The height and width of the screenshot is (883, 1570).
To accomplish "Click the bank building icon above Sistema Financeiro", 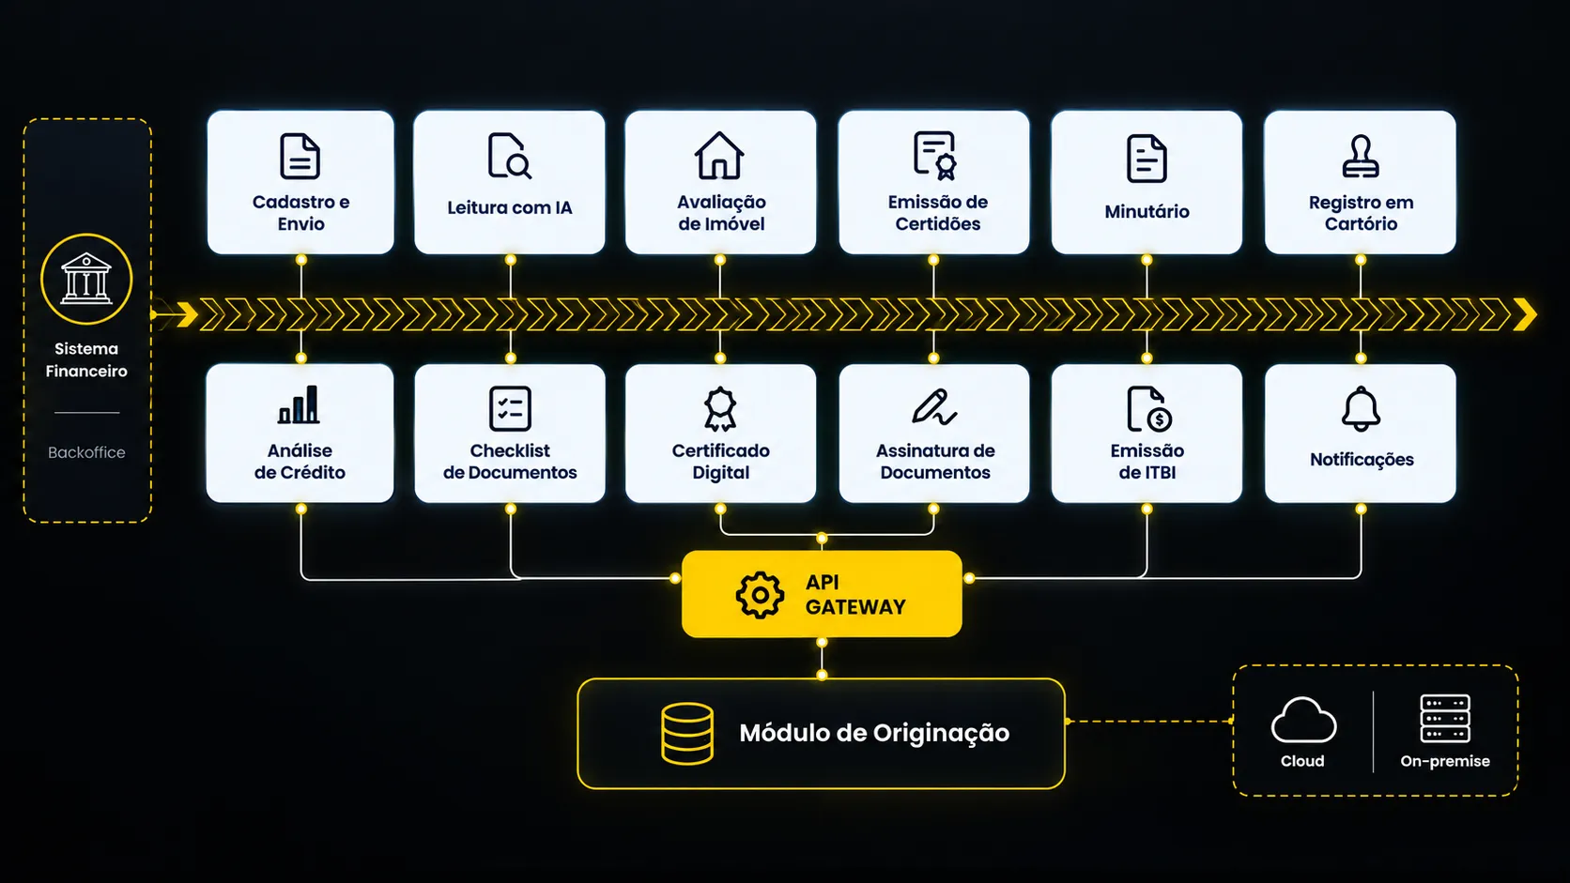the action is pos(86,279).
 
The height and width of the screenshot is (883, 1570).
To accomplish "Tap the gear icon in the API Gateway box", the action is pos(760,595).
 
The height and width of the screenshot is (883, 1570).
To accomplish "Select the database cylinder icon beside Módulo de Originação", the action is pos(687,733).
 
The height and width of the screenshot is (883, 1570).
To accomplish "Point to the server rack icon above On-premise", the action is pos(1445,719).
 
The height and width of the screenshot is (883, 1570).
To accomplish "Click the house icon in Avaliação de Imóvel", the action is pos(719,156).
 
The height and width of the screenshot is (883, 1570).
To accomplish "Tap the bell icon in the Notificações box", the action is pos(1361,408).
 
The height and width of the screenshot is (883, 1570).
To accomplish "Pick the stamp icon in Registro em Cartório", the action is pos(1361,156).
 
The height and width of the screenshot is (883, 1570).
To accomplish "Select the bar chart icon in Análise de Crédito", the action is pos(299,404).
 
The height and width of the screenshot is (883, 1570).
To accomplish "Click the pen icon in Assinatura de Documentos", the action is pos(934,407).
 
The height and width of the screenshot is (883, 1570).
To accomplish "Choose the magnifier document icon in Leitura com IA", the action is pos(510,156).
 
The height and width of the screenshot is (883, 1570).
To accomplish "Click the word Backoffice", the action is pos(86,452).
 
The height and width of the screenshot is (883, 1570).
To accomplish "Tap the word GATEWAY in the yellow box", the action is pos(855,607).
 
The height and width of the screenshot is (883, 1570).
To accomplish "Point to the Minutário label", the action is pos(1147,211).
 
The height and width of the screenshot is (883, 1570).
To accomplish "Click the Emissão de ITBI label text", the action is pos(1147,462).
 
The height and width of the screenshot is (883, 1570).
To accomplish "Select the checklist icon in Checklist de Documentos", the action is pos(510,408).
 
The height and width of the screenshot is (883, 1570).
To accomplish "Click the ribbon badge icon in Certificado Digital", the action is pos(720,409).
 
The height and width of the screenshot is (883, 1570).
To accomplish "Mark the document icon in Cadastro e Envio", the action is pos(300,156).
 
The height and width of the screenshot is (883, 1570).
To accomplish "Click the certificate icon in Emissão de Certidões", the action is pos(935,156).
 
